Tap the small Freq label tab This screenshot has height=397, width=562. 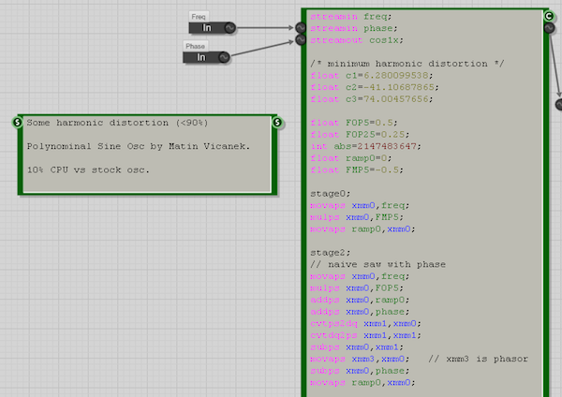coord(198,16)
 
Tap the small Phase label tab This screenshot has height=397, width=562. coord(196,45)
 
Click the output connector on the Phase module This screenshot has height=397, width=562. coord(224,57)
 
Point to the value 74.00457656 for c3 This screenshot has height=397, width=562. coord(378,98)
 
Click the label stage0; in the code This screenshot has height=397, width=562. coord(329,192)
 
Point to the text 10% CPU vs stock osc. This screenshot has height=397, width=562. coord(88,169)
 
